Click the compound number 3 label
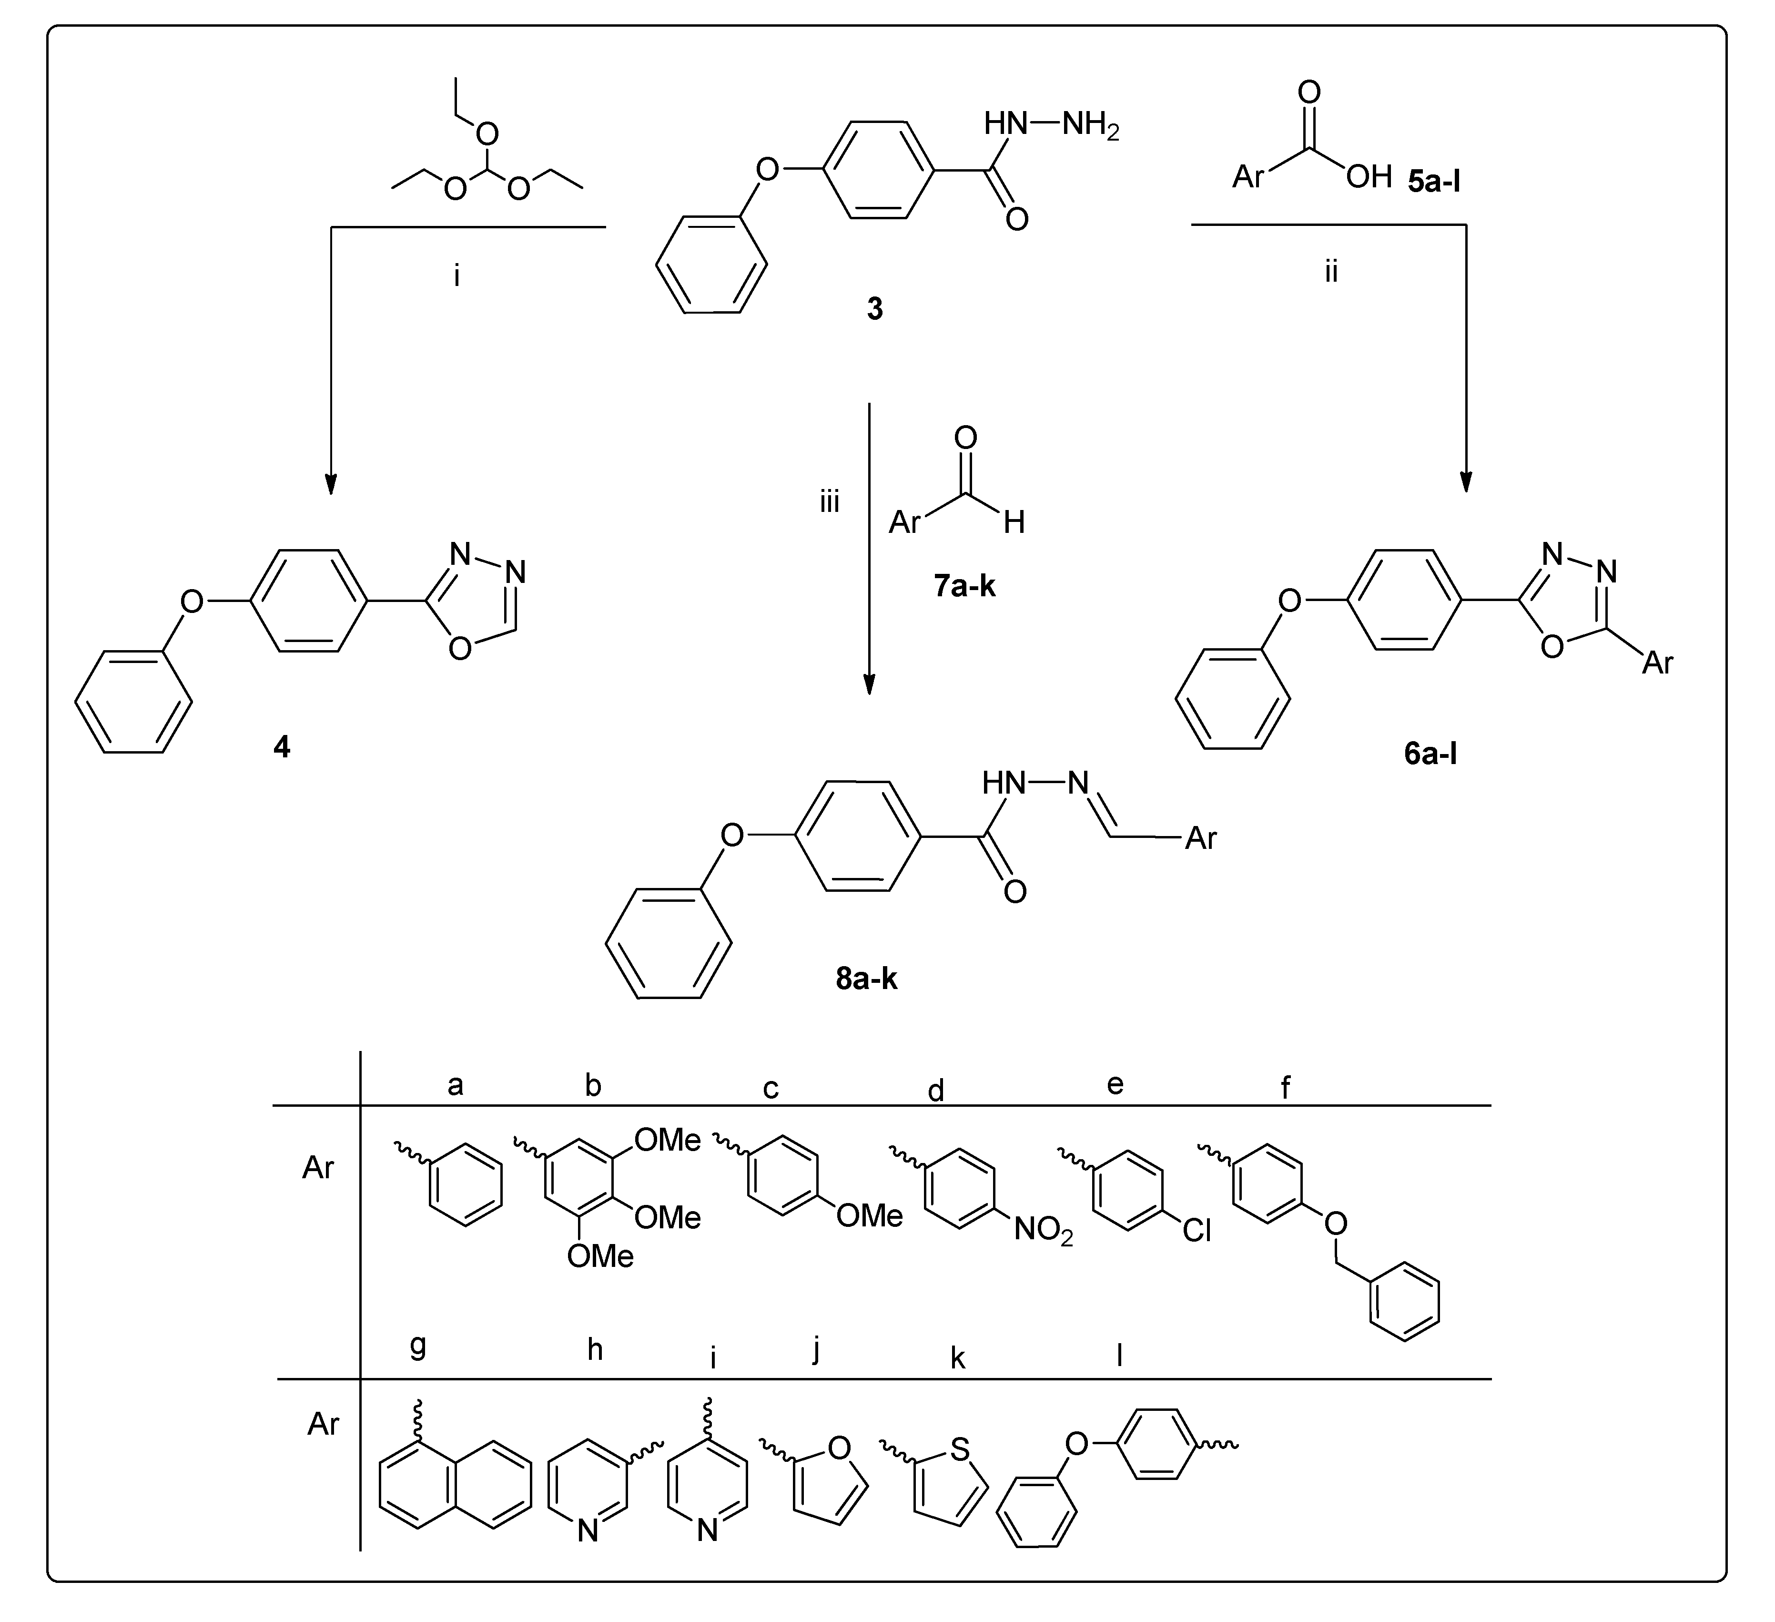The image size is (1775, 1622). tap(874, 309)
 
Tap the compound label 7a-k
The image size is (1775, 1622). tap(965, 586)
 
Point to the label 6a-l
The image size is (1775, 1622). tap(1431, 754)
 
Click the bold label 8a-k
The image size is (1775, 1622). tap(866, 979)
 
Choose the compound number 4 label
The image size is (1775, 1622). tap(282, 747)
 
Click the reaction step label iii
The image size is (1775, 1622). tap(830, 503)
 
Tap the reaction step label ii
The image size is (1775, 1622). tap(1331, 272)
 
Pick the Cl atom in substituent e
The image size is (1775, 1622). tap(1197, 1230)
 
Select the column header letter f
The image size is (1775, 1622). tap(1286, 1088)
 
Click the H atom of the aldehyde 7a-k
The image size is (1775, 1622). tap(1014, 522)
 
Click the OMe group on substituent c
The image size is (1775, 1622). tap(870, 1216)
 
